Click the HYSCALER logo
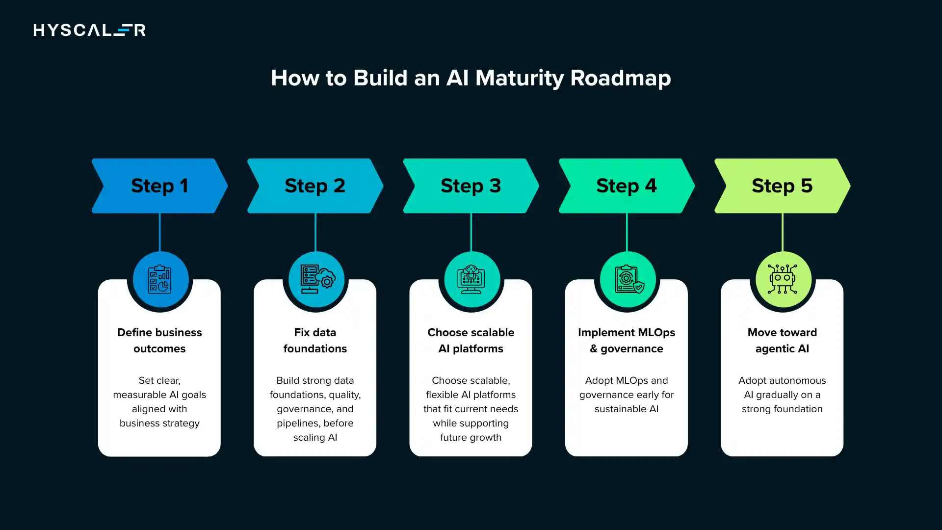89,30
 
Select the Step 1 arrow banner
159,185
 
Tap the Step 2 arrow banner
315,185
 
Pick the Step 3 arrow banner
471,185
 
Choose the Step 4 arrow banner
626,185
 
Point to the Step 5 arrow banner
782,185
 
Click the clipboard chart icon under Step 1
160,279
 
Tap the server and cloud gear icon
317,279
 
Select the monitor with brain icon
471,279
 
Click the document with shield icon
628,279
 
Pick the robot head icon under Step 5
783,279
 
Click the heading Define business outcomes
159,340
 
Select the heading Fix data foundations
315,340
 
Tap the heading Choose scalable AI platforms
471,340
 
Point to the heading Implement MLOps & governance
626,340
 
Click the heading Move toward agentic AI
782,340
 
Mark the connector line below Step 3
471,232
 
